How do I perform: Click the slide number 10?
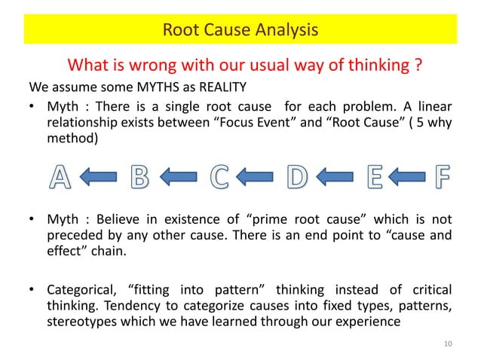[449, 344]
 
